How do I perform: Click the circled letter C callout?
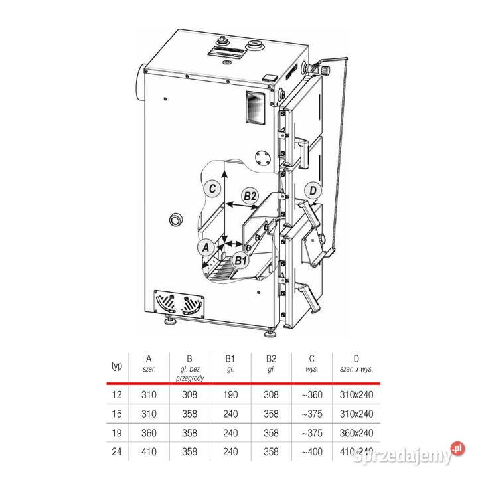click(x=211, y=188)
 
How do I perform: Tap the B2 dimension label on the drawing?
click(x=250, y=196)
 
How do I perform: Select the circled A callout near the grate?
click(x=206, y=247)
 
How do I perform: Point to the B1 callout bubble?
click(x=240, y=260)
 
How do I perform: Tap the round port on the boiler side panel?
click(x=176, y=220)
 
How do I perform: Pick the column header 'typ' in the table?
click(x=117, y=366)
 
